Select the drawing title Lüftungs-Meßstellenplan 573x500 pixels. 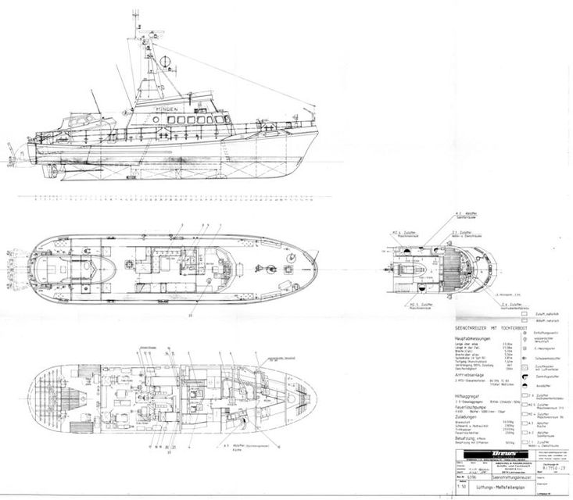pos(482,486)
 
